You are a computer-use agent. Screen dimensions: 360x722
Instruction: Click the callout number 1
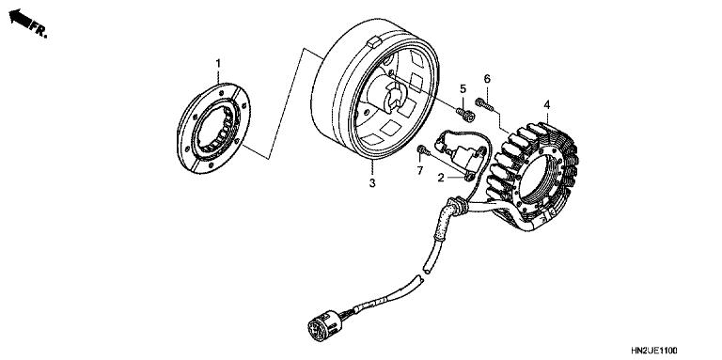(218, 63)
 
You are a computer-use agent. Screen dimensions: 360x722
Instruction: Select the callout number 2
(440, 177)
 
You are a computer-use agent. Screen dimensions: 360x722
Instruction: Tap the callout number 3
(372, 182)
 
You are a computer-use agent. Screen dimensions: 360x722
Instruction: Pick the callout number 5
(463, 88)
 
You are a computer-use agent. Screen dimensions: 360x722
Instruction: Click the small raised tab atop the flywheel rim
(373, 41)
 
